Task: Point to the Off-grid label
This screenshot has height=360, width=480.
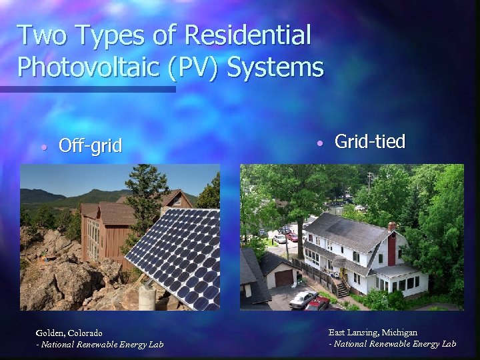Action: tap(90, 145)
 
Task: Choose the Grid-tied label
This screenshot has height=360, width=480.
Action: tap(369, 141)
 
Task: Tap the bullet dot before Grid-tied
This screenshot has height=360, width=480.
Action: tap(320, 143)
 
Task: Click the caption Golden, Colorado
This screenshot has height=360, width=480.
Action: tap(69, 333)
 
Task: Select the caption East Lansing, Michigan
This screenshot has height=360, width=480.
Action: tap(373, 332)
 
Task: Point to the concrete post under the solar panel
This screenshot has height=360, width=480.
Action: tap(147, 296)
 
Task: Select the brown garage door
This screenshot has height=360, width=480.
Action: tap(283, 278)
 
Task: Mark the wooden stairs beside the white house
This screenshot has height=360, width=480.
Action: tap(341, 289)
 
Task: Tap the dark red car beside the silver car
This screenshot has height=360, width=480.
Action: tap(319, 304)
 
